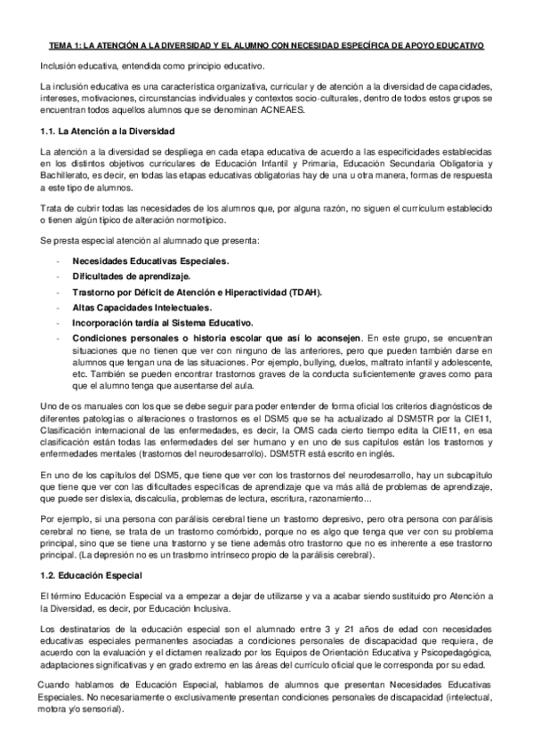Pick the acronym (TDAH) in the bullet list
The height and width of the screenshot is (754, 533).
(x=303, y=293)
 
